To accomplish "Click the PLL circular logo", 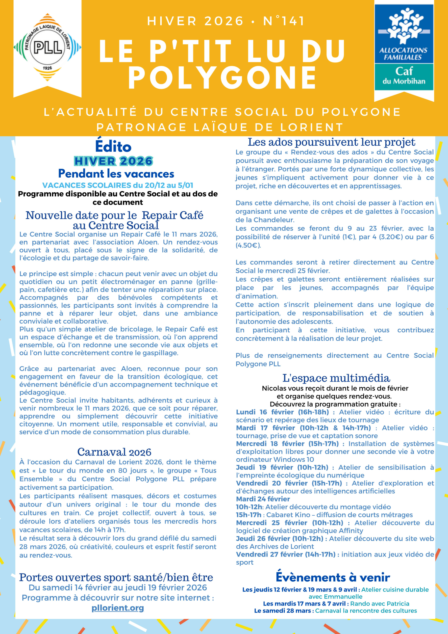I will click(48, 47).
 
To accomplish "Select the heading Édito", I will click(113, 146).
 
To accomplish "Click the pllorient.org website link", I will click(118, 608).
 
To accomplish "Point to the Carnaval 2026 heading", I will click(114, 452).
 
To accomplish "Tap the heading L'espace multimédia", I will click(336, 378).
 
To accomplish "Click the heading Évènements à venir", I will click(333, 577).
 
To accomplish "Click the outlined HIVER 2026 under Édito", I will click(113, 161).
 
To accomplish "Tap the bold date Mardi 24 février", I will click(263, 499).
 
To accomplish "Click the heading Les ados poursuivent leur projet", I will click(331, 142).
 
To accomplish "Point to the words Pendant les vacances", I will click(116, 174).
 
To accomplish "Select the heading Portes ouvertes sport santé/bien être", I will click(116, 577).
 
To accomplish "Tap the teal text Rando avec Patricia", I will click(379, 604).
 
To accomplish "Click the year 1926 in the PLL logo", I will click(48, 68).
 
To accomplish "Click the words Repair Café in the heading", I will click(173, 215).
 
